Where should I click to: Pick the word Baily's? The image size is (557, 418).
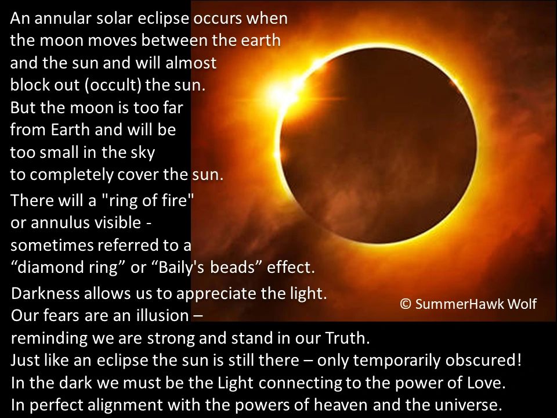(x=189, y=267)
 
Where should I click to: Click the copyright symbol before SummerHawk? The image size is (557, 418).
(x=406, y=302)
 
